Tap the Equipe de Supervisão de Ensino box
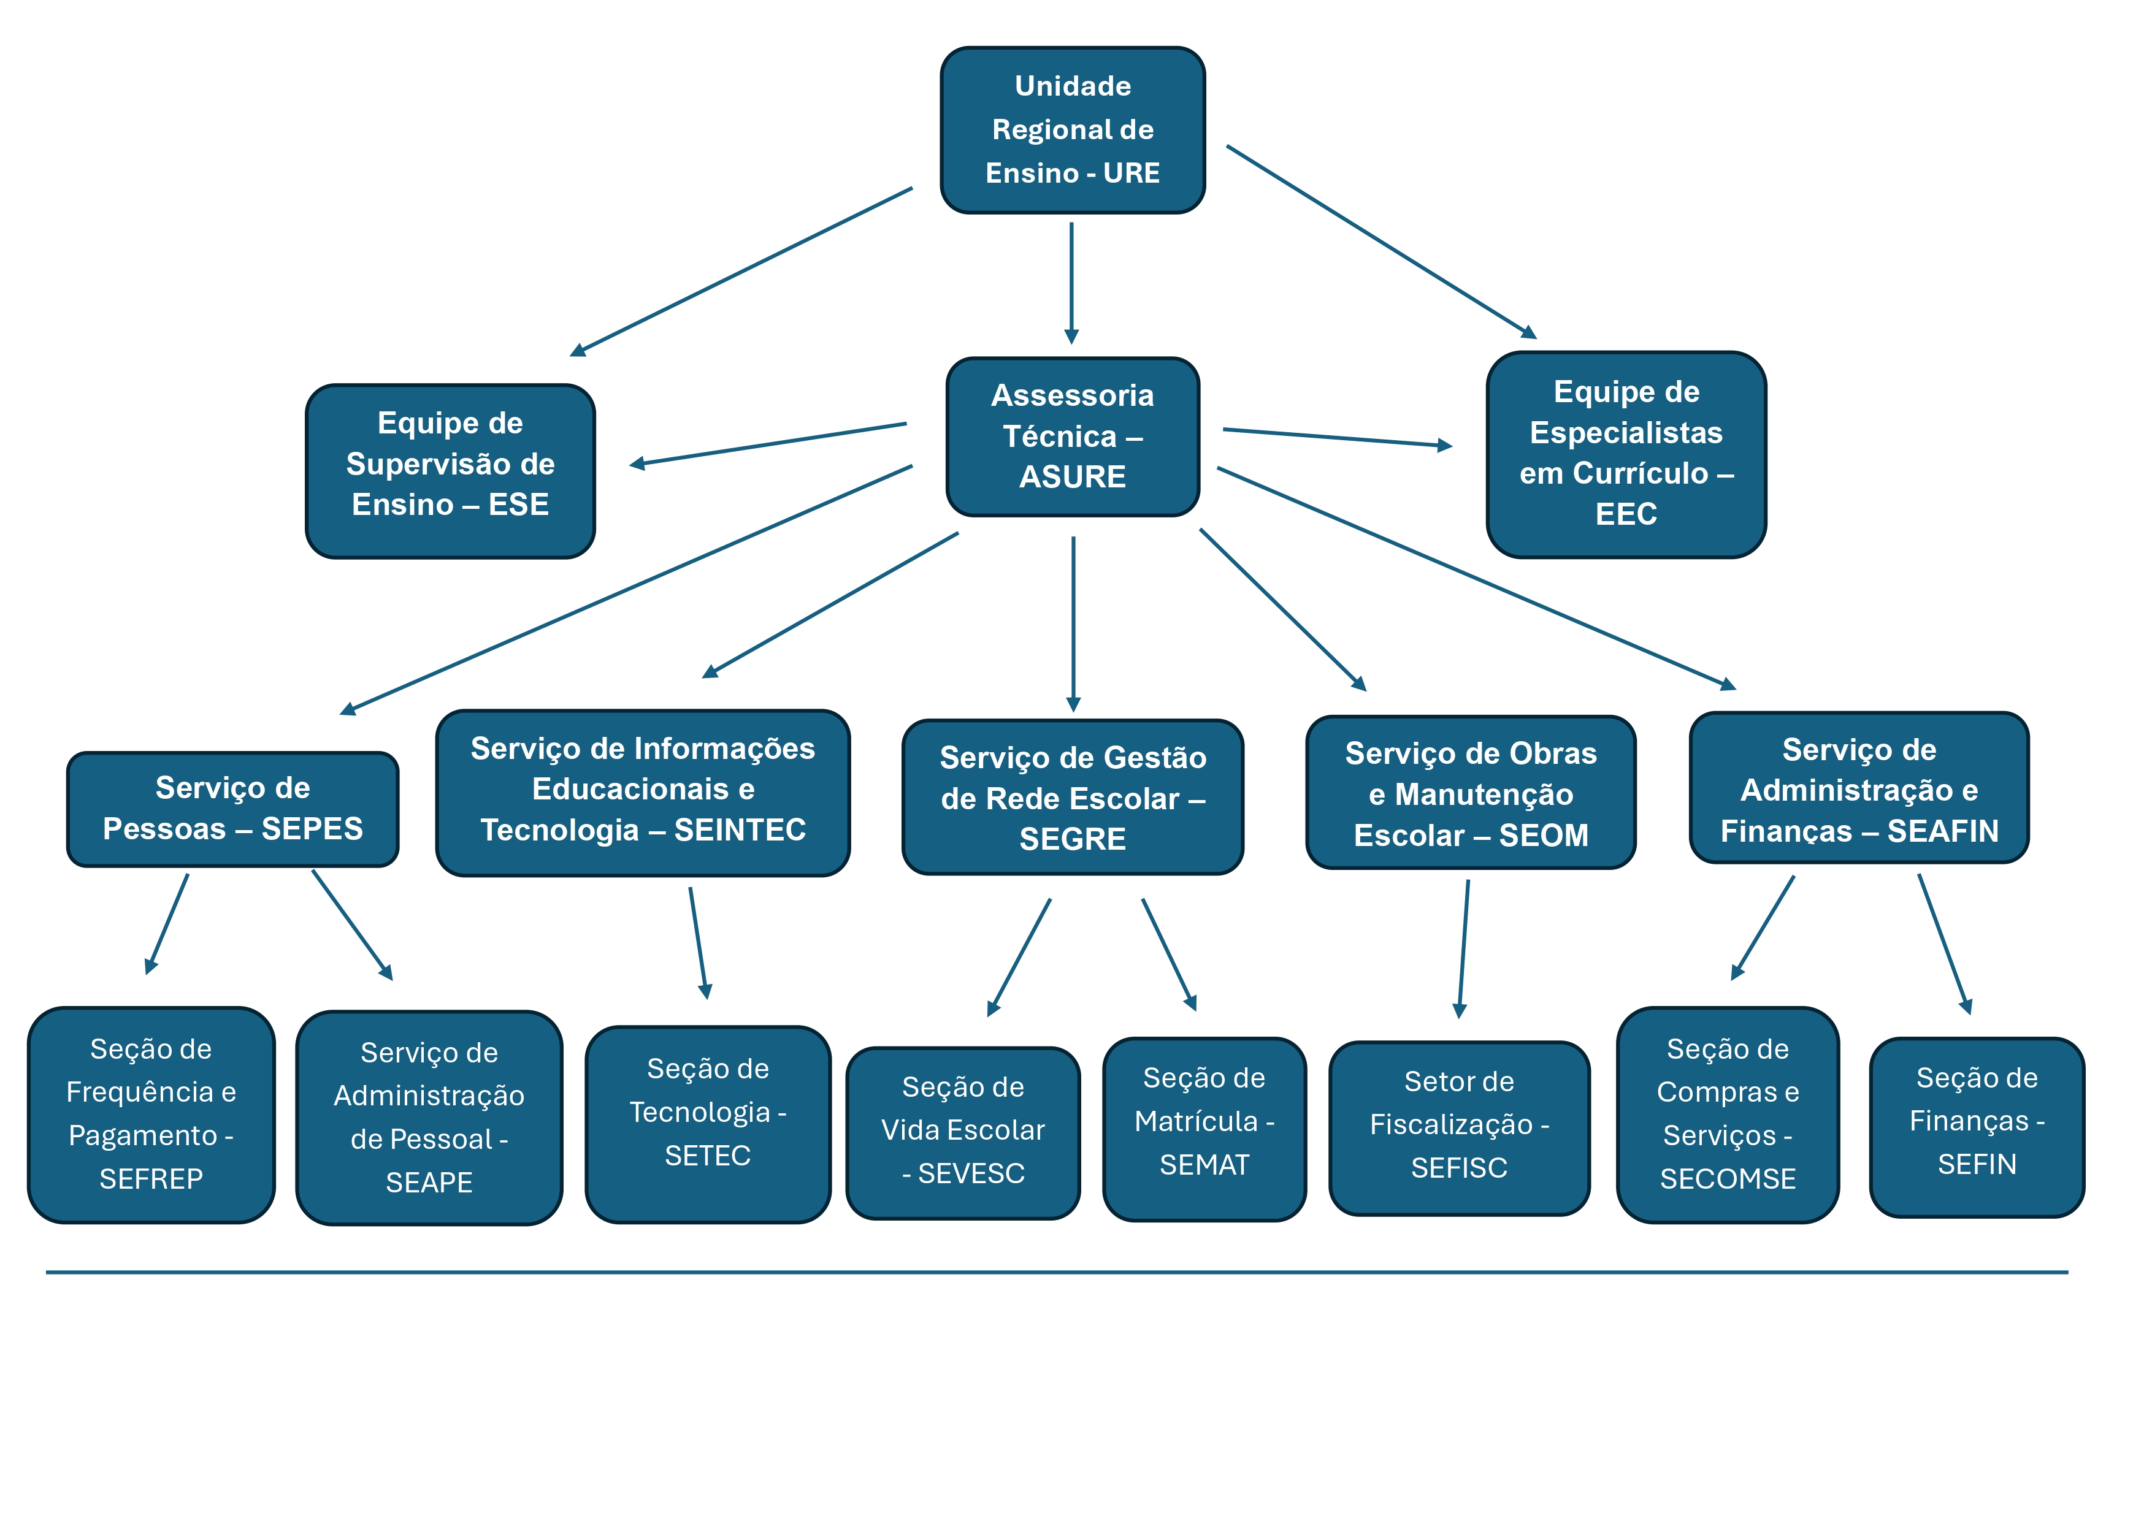(x=450, y=471)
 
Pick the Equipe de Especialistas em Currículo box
(x=1626, y=454)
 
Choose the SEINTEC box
(x=643, y=793)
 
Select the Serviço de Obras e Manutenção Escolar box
(x=1471, y=793)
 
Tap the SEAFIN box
(x=1859, y=788)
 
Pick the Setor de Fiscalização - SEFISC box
(x=1460, y=1128)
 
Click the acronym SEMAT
(x=1204, y=1165)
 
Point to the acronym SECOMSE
(x=1728, y=1179)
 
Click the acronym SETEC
(x=708, y=1156)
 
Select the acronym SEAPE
(x=429, y=1183)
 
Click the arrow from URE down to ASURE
(x=1071, y=281)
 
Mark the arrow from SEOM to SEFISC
(x=1464, y=947)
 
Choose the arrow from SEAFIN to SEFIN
(x=1944, y=942)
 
